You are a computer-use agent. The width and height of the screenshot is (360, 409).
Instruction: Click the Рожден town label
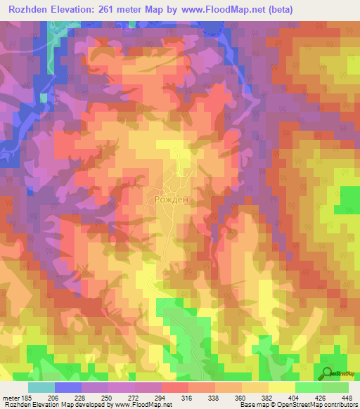[171, 200]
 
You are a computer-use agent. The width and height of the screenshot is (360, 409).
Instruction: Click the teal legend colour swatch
[41, 387]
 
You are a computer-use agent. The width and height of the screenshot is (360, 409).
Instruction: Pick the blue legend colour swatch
[68, 387]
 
